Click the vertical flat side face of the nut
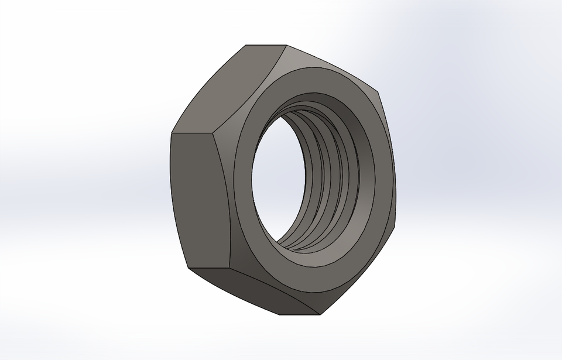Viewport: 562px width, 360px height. tap(196, 199)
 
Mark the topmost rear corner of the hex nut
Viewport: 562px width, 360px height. tap(246, 45)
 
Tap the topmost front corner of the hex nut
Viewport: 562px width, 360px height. tap(286, 45)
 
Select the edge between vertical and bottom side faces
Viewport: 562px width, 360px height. tap(211, 270)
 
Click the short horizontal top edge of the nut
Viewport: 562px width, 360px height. tap(266, 45)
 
